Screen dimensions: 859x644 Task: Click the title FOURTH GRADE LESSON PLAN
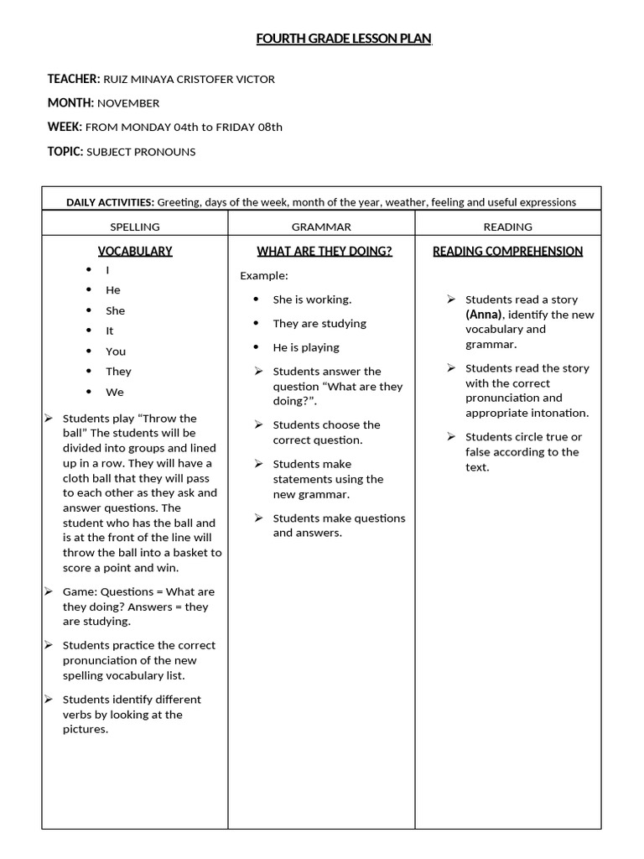(344, 39)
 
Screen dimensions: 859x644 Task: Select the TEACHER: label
(74, 79)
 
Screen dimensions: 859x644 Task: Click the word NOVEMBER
(128, 103)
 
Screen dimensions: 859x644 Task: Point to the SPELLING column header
(135, 226)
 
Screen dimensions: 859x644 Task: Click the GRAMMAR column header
(321, 226)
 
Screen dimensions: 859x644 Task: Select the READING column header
(507, 226)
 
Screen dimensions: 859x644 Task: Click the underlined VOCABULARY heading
(135, 251)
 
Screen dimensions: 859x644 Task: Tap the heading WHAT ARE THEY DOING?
(324, 251)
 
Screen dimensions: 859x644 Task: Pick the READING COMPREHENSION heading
(507, 251)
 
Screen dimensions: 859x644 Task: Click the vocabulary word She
(115, 310)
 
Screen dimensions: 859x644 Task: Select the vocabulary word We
(114, 392)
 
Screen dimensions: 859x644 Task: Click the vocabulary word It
(109, 331)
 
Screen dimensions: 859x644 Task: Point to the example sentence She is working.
(312, 299)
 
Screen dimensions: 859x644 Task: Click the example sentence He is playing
(306, 347)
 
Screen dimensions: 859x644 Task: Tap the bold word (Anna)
(484, 315)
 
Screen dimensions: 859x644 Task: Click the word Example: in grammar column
(264, 275)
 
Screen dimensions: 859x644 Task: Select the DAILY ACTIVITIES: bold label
(110, 202)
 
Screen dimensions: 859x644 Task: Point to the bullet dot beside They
(88, 371)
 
